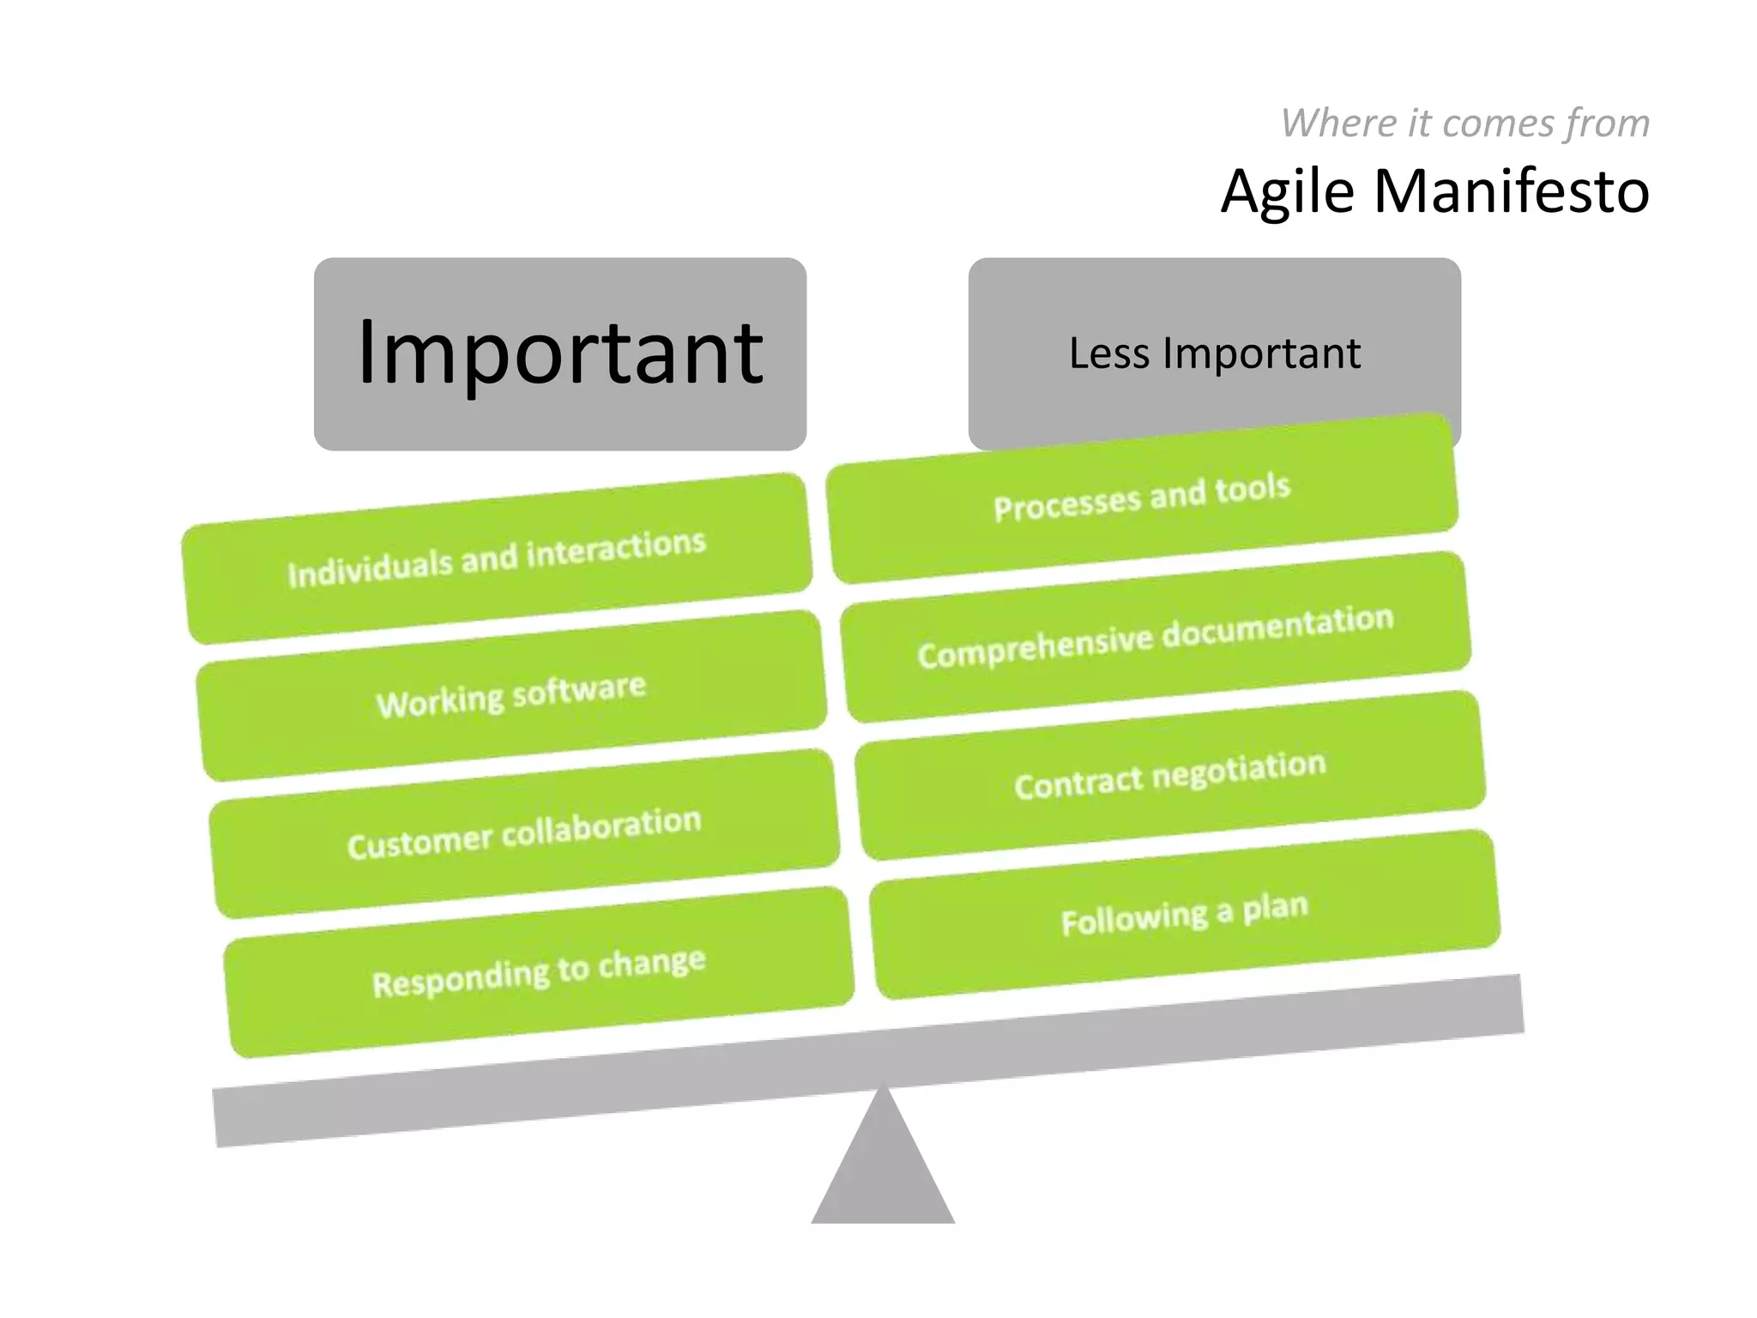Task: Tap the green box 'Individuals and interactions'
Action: [x=497, y=559]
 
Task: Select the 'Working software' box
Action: [x=511, y=695]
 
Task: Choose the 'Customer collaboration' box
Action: [x=524, y=833]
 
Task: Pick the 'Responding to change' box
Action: [x=539, y=971]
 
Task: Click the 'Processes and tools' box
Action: [x=1142, y=498]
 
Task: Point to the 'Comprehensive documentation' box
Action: [x=1156, y=637]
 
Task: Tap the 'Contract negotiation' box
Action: [x=1170, y=775]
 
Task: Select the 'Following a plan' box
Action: [x=1185, y=914]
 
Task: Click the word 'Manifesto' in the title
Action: [x=1512, y=190]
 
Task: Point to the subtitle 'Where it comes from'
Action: [x=1464, y=123]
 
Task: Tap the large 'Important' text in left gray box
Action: [x=559, y=352]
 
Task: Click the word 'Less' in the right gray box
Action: [x=1109, y=353]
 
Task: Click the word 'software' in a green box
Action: [x=579, y=689]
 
